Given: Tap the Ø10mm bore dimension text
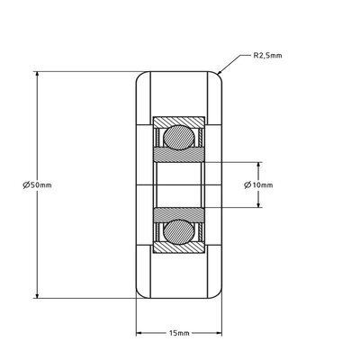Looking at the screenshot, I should coord(259,185).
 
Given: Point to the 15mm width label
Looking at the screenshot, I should coord(179,333).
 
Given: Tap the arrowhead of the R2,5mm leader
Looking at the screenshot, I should coord(219,70).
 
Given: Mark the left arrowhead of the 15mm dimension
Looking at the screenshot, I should coord(139,334).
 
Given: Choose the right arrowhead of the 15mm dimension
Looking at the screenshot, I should coord(220,334).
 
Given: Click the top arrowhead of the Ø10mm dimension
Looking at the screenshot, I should coord(259,165).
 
